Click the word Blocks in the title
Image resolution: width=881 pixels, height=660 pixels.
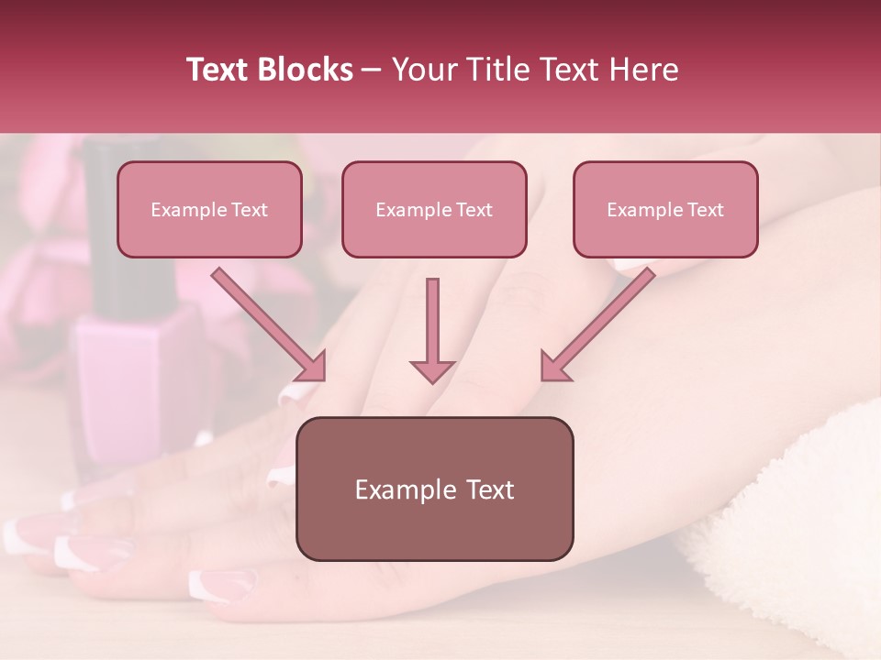click(x=305, y=70)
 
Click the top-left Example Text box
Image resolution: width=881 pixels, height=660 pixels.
click(x=209, y=209)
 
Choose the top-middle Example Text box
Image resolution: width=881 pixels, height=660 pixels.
click(x=434, y=209)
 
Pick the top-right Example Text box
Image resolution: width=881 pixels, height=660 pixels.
click(x=665, y=209)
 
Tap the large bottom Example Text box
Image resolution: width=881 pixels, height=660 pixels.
click(x=434, y=489)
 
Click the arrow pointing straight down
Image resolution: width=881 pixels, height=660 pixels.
click(x=432, y=330)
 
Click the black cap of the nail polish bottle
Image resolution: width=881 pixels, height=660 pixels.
click(x=110, y=229)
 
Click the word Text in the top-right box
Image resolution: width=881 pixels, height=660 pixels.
click(x=705, y=210)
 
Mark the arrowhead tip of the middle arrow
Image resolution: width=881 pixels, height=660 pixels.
click(x=432, y=380)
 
